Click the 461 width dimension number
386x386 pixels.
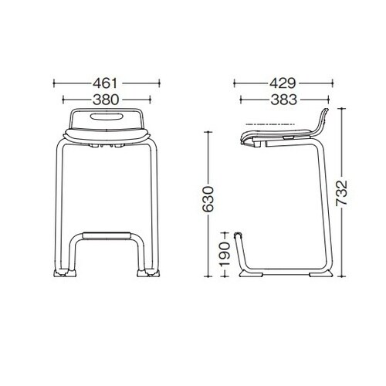105,83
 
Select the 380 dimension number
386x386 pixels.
106,100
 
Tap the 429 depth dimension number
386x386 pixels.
283,83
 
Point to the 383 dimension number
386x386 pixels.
284,100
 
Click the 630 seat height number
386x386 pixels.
208,199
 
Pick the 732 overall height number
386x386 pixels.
342,193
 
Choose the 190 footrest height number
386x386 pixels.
225,254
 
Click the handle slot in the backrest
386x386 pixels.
107,116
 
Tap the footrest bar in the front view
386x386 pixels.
107,235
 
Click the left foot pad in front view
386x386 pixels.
65,273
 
